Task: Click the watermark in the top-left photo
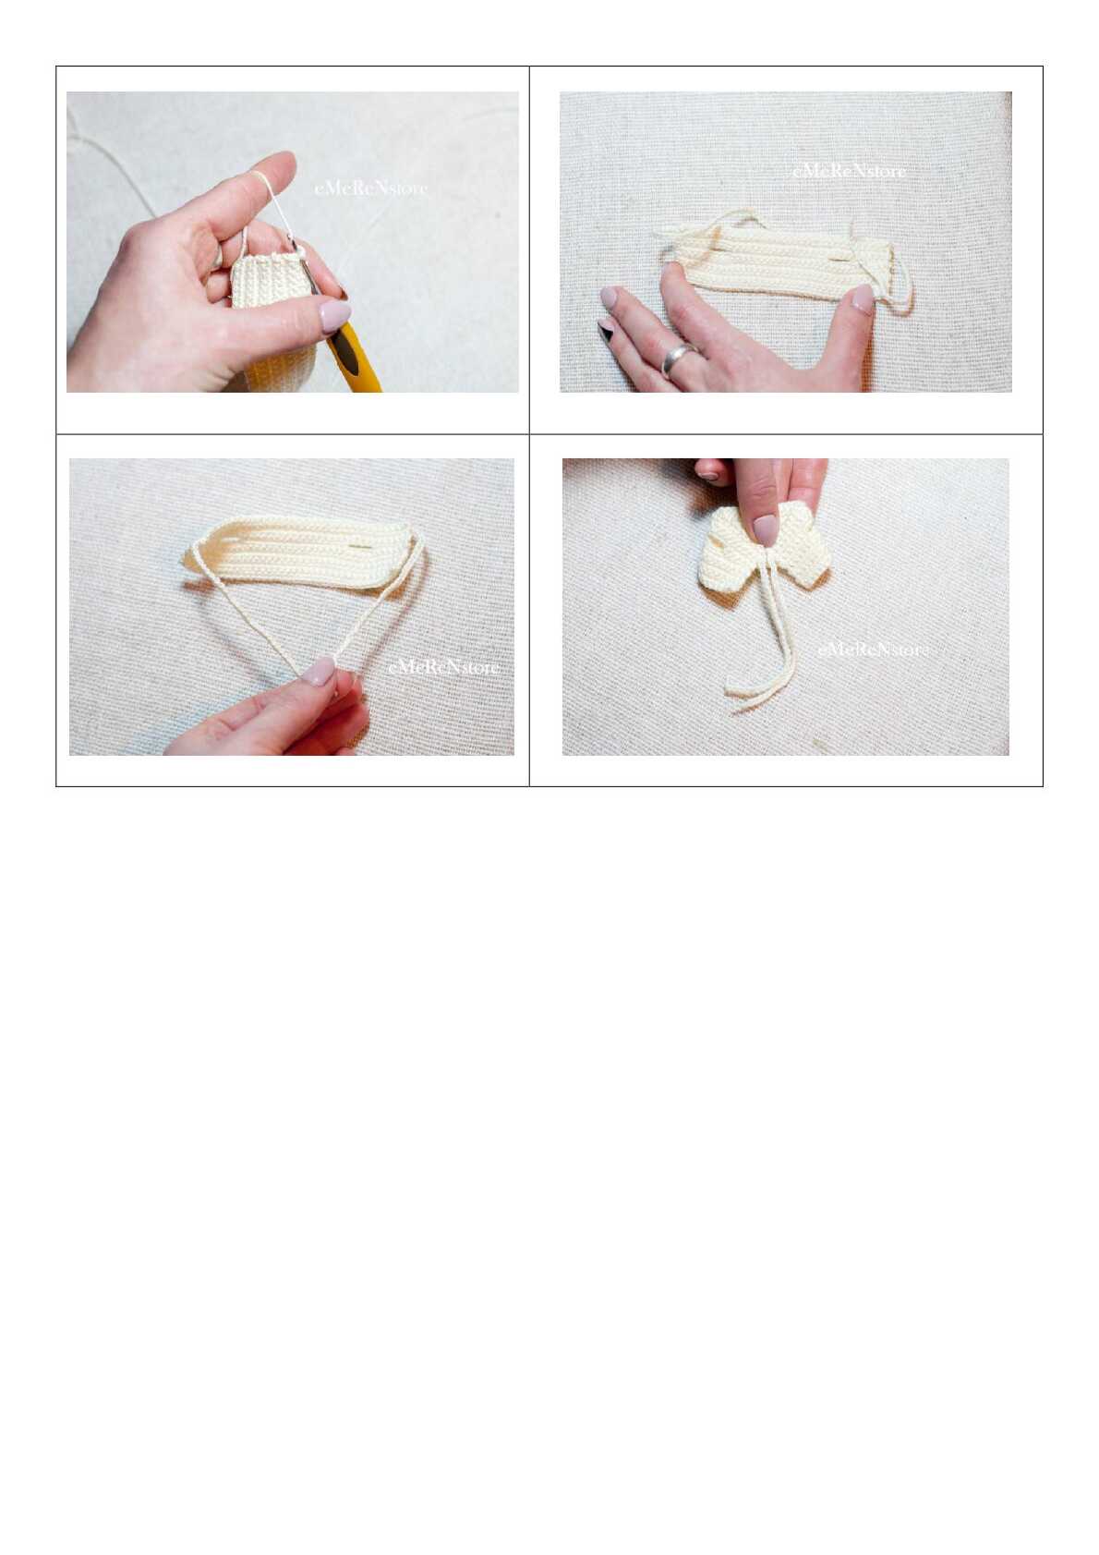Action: (x=371, y=188)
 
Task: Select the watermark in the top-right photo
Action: (x=849, y=171)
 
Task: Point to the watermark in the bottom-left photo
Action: (x=444, y=667)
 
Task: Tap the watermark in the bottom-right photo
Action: (x=873, y=650)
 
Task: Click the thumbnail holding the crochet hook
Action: (x=334, y=317)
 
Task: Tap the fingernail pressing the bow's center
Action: (x=766, y=529)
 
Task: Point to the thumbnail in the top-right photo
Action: (x=862, y=298)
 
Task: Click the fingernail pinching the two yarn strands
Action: (x=320, y=672)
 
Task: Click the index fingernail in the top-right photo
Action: (x=609, y=298)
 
